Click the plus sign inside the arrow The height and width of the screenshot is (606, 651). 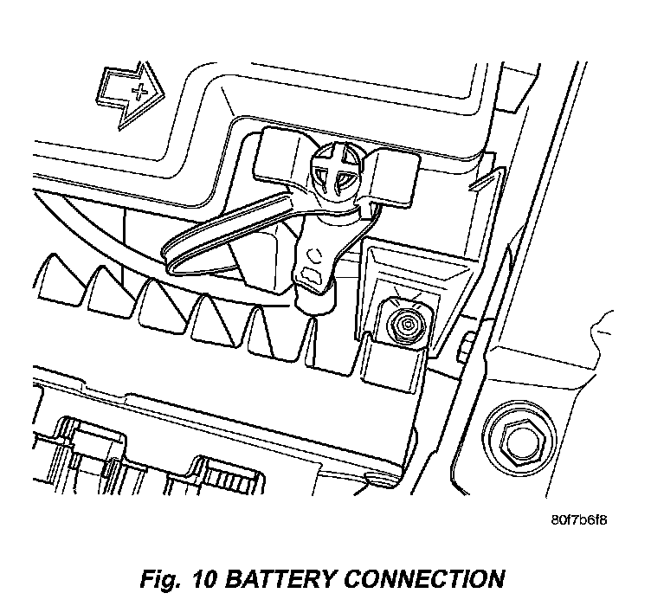point(139,91)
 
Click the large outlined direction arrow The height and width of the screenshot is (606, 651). point(130,95)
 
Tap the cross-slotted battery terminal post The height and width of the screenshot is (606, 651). point(337,171)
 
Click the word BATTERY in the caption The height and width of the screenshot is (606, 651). point(282,579)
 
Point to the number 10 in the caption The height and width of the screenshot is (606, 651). point(204,579)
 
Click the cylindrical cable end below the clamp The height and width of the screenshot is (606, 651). point(314,300)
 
